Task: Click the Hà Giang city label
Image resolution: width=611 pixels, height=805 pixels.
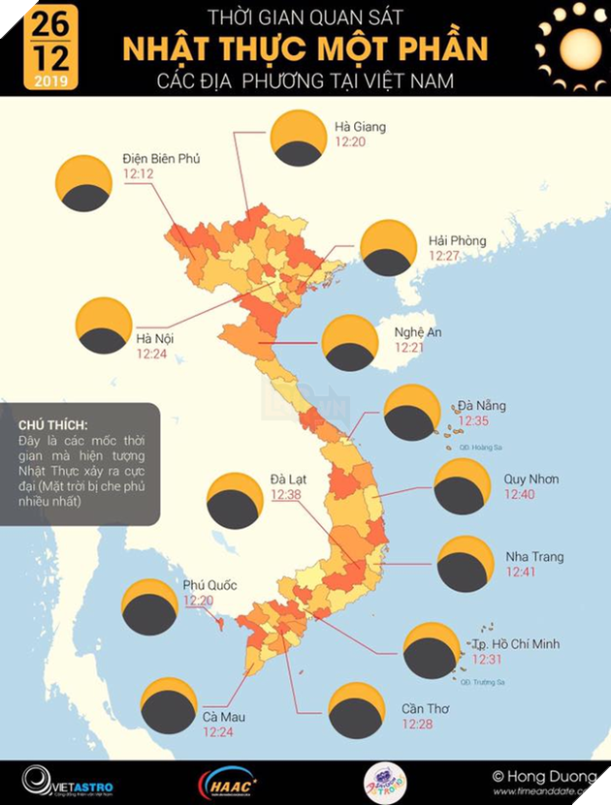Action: pos(360,127)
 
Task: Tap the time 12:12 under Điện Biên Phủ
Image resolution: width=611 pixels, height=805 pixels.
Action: pos(138,174)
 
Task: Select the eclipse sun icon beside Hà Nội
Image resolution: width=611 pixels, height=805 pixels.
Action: pos(104,325)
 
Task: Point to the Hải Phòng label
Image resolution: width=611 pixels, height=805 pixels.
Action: pos(457,240)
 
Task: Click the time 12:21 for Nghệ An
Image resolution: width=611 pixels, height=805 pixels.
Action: pos(408,348)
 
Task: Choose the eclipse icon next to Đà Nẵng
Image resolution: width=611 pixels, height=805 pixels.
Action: pos(412,413)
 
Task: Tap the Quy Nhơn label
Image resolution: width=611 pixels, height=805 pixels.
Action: pos(531,480)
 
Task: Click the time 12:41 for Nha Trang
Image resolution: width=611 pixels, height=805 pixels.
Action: pos(521,573)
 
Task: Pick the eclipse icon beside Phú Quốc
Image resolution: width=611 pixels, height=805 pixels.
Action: pos(149,606)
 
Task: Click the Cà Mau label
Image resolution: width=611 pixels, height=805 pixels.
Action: pos(224,717)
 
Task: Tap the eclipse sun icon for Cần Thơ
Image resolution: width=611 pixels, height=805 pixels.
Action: pos(357,711)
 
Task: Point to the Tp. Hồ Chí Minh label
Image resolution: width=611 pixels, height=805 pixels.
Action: pos(515,644)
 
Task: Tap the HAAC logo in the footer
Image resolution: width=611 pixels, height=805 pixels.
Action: pos(228,780)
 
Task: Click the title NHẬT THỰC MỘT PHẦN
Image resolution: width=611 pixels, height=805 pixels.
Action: pos(305,48)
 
